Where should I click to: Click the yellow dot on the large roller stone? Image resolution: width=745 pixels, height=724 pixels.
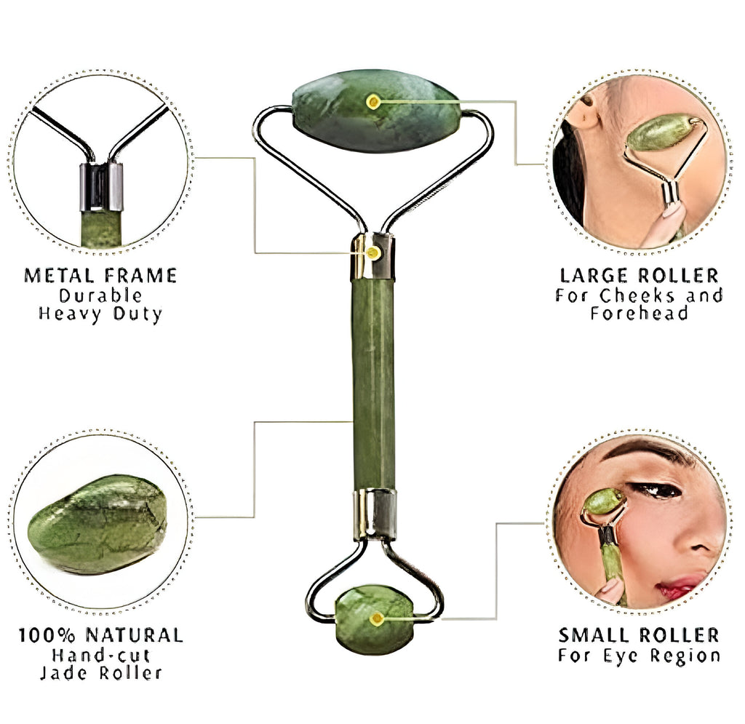(373, 102)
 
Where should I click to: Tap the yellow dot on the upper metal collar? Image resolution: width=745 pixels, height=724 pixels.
(373, 253)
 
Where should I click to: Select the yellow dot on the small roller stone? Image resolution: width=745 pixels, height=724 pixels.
(377, 619)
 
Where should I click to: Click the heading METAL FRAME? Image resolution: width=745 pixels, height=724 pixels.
(100, 275)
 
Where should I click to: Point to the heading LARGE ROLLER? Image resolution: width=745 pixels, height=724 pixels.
(639, 276)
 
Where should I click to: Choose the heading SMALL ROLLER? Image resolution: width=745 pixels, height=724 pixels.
(639, 635)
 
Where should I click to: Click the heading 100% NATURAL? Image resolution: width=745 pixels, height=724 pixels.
(100, 635)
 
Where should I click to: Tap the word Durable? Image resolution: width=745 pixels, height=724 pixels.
(100, 295)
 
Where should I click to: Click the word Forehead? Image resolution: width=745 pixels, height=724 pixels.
(639, 314)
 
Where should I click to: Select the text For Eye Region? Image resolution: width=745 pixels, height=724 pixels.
(639, 655)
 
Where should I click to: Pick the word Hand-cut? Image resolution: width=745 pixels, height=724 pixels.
(100, 655)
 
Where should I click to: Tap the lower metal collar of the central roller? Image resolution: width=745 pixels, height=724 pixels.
(375, 514)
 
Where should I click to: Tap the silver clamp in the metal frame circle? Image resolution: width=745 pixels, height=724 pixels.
(100, 187)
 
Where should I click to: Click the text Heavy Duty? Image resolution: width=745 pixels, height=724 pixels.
(100, 314)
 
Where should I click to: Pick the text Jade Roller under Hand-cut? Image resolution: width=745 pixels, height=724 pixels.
(100, 673)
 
